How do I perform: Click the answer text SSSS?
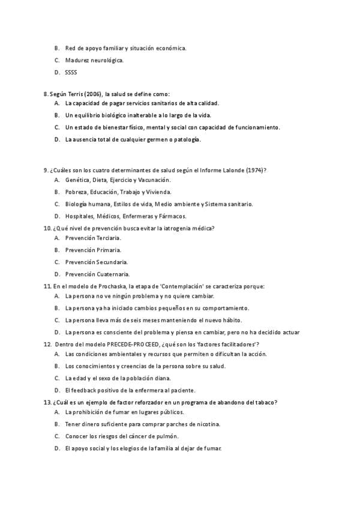(71, 73)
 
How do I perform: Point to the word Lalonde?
(233, 170)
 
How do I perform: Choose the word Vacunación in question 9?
(154, 180)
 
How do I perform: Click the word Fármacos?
(173, 216)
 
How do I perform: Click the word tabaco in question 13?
(266, 402)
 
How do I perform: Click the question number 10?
(47, 228)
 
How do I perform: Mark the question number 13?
(47, 402)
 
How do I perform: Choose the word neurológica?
(108, 60)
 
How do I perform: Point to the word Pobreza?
(76, 192)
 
